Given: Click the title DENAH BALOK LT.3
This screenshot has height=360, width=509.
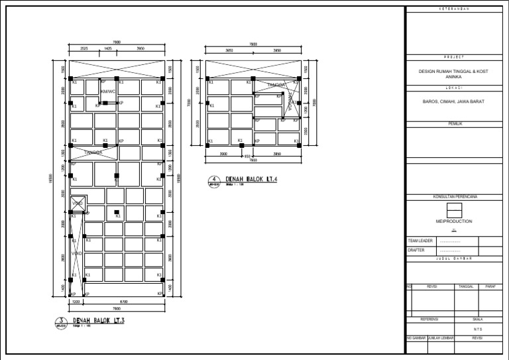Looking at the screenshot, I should pyautogui.click(x=99, y=321).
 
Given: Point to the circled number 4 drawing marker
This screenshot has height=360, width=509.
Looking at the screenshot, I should pyautogui.click(x=213, y=180).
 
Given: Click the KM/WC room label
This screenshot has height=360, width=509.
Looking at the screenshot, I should pyautogui.click(x=108, y=91).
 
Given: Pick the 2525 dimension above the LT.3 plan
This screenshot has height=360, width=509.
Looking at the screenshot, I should pyautogui.click(x=84, y=49).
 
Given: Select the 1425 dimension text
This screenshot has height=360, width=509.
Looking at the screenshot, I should pyautogui.click(x=106, y=49).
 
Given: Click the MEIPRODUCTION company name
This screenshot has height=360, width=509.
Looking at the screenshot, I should pyautogui.click(x=454, y=221).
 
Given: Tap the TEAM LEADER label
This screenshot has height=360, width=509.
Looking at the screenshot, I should pyautogui.click(x=420, y=241).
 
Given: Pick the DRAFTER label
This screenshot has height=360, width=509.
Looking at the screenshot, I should pyautogui.click(x=416, y=251).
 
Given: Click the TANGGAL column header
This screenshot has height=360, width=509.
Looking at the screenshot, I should pyautogui.click(x=467, y=286).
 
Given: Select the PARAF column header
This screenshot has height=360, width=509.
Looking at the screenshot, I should pyautogui.click(x=490, y=286).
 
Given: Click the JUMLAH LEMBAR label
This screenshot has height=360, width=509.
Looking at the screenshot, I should pyautogui.click(x=440, y=337).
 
